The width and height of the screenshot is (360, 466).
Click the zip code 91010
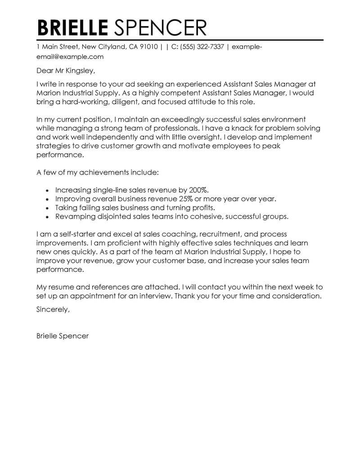147,47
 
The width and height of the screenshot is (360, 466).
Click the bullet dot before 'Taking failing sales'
48,208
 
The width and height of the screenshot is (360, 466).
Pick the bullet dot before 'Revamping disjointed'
48,217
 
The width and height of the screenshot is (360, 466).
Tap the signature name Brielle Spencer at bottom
63,336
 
